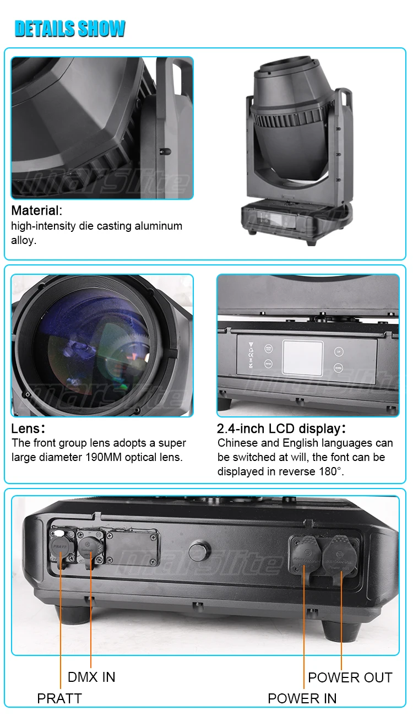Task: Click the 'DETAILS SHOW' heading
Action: click(x=70, y=29)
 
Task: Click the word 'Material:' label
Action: click(x=37, y=210)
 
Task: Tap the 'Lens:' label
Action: click(x=28, y=428)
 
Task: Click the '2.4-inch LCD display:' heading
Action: click(x=281, y=428)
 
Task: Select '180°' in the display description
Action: click(x=330, y=471)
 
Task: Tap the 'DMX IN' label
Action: click(x=91, y=677)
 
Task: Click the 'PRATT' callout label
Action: click(x=59, y=698)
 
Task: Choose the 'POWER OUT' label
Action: click(x=350, y=677)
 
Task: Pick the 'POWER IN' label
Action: click(x=302, y=698)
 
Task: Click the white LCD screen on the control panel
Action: click(x=302, y=357)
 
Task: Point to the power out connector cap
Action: click(x=340, y=553)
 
